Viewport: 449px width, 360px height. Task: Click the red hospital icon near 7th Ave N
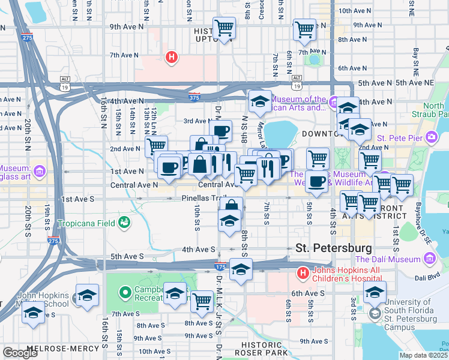click(x=172, y=58)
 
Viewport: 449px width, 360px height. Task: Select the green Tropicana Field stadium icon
click(x=124, y=223)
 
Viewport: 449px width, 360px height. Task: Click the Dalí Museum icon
click(x=429, y=259)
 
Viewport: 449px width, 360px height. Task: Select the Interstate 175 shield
click(x=221, y=265)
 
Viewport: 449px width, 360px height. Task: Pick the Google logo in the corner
click(x=20, y=352)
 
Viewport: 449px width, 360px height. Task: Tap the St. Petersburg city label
click(x=334, y=248)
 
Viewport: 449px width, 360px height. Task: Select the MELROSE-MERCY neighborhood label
click(x=35, y=347)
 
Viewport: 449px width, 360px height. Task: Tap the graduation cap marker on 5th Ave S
click(x=241, y=269)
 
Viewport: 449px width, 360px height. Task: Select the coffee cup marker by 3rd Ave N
click(x=220, y=130)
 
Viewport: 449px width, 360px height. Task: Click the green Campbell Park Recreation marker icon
click(x=125, y=293)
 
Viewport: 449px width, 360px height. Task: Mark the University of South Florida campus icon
click(x=375, y=314)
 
